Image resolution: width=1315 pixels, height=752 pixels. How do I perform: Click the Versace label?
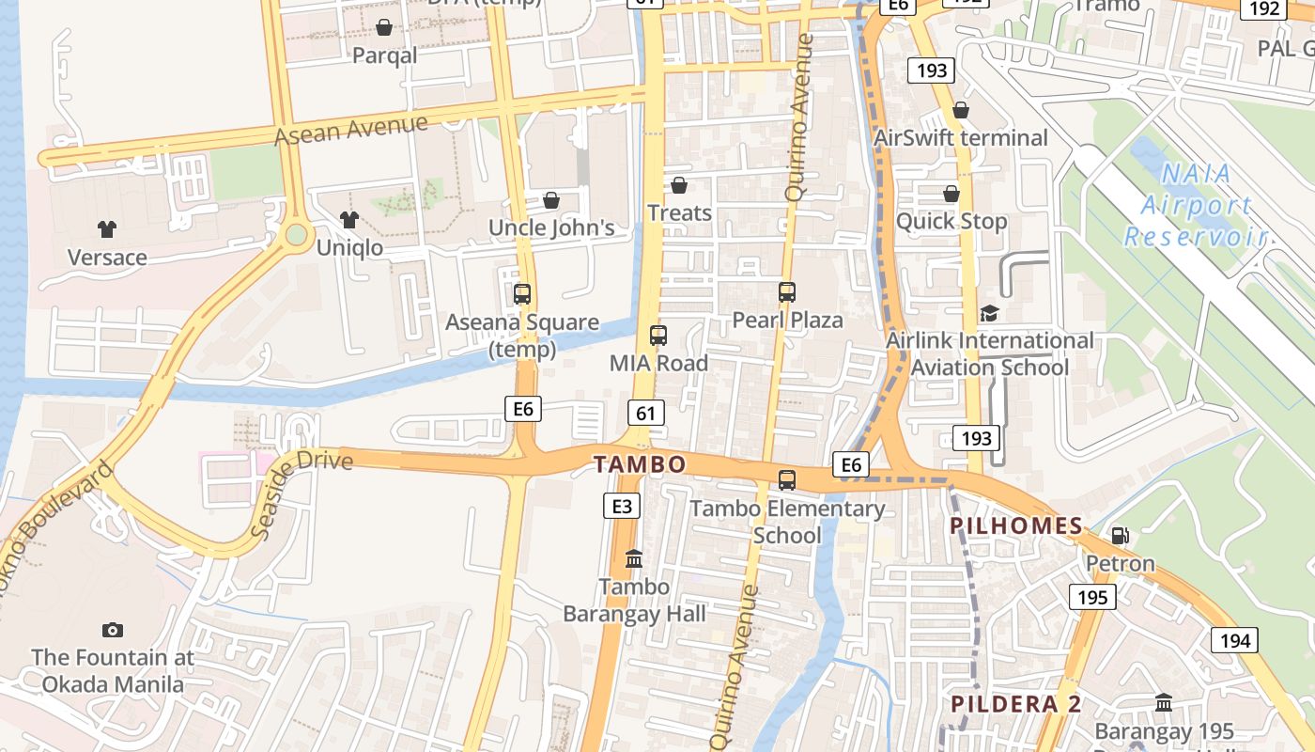(107, 258)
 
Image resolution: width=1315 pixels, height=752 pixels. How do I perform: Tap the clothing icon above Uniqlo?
(349, 220)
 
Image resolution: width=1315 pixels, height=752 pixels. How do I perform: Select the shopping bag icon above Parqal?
(384, 27)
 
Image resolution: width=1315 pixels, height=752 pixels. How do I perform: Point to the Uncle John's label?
(551, 227)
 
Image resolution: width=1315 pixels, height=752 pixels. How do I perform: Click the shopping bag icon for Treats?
(679, 185)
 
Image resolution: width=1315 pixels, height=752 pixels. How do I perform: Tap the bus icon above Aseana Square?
(522, 294)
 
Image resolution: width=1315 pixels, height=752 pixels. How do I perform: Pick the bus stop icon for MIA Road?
(658, 336)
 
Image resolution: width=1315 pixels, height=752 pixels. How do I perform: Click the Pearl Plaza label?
(787, 320)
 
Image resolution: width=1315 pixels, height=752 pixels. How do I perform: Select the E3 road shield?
(622, 507)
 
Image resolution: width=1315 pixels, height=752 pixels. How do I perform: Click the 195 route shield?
(1091, 597)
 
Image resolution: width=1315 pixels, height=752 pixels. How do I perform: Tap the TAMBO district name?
(640, 464)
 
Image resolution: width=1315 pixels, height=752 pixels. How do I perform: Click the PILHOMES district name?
(1016, 525)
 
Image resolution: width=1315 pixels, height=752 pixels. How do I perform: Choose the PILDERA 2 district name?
(1016, 704)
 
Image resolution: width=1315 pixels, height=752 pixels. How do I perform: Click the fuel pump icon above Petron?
(1120, 536)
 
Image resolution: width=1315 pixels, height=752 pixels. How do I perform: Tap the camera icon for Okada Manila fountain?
(113, 630)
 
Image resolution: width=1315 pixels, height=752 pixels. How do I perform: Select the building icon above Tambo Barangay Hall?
(634, 559)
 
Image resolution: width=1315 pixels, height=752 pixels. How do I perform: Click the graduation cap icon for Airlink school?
(989, 313)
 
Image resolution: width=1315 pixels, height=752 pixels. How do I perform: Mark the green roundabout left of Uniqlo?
(297, 234)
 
